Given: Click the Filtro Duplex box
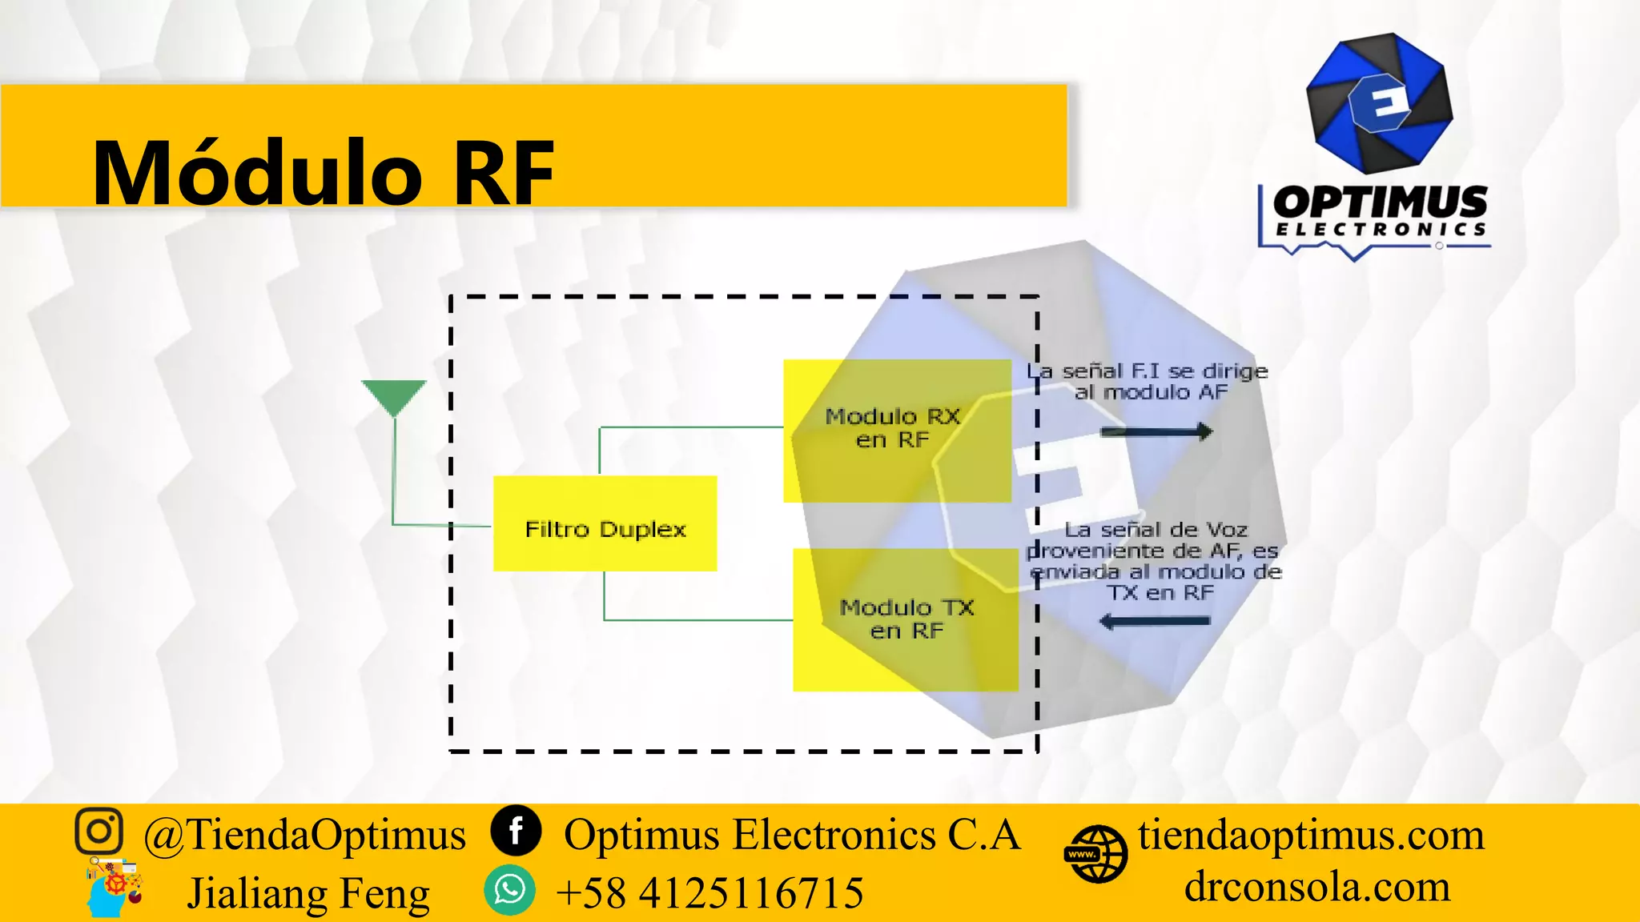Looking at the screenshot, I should point(605,523).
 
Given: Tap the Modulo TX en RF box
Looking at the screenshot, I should point(905,619).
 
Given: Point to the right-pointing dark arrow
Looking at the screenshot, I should point(1156,432).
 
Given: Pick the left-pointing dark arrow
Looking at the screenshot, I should point(1155,621).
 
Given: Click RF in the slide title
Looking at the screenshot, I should point(503,173).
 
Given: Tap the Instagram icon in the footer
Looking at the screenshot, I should point(99,831).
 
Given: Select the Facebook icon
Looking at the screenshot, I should point(517,831).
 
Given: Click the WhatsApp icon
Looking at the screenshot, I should point(509,890).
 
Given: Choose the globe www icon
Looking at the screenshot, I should point(1095,855).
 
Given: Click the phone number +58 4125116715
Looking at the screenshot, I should point(709,892).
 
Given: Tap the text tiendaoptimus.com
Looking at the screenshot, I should point(1311,834).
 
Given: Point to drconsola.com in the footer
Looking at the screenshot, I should point(1317,887).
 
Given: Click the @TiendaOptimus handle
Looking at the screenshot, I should point(304,834).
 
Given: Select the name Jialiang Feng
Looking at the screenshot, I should point(308,893).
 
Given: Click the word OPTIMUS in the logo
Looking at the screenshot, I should point(1380,202).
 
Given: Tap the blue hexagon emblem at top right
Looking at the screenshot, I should point(1379,102).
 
